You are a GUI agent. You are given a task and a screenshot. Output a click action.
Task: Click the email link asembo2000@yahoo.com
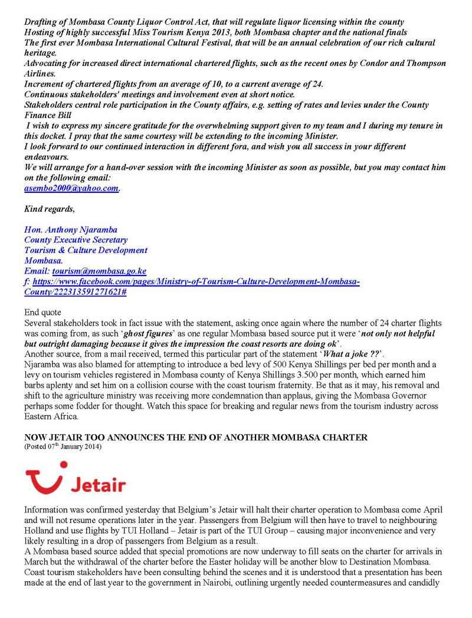click(x=71, y=188)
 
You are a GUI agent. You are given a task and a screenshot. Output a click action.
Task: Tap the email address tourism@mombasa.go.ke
click(x=99, y=271)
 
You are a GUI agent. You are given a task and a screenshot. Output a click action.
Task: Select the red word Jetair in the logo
click(x=98, y=485)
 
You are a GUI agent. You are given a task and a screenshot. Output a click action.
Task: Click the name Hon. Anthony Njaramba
click(x=71, y=229)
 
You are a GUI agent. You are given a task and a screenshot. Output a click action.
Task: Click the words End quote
click(x=42, y=313)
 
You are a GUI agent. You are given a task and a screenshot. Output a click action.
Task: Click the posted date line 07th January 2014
click(x=63, y=446)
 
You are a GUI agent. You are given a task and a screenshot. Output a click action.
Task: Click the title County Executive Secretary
click(x=76, y=240)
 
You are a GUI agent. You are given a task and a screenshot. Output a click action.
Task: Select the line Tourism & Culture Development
click(x=86, y=250)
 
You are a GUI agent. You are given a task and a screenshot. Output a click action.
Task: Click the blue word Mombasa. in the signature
click(x=44, y=260)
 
